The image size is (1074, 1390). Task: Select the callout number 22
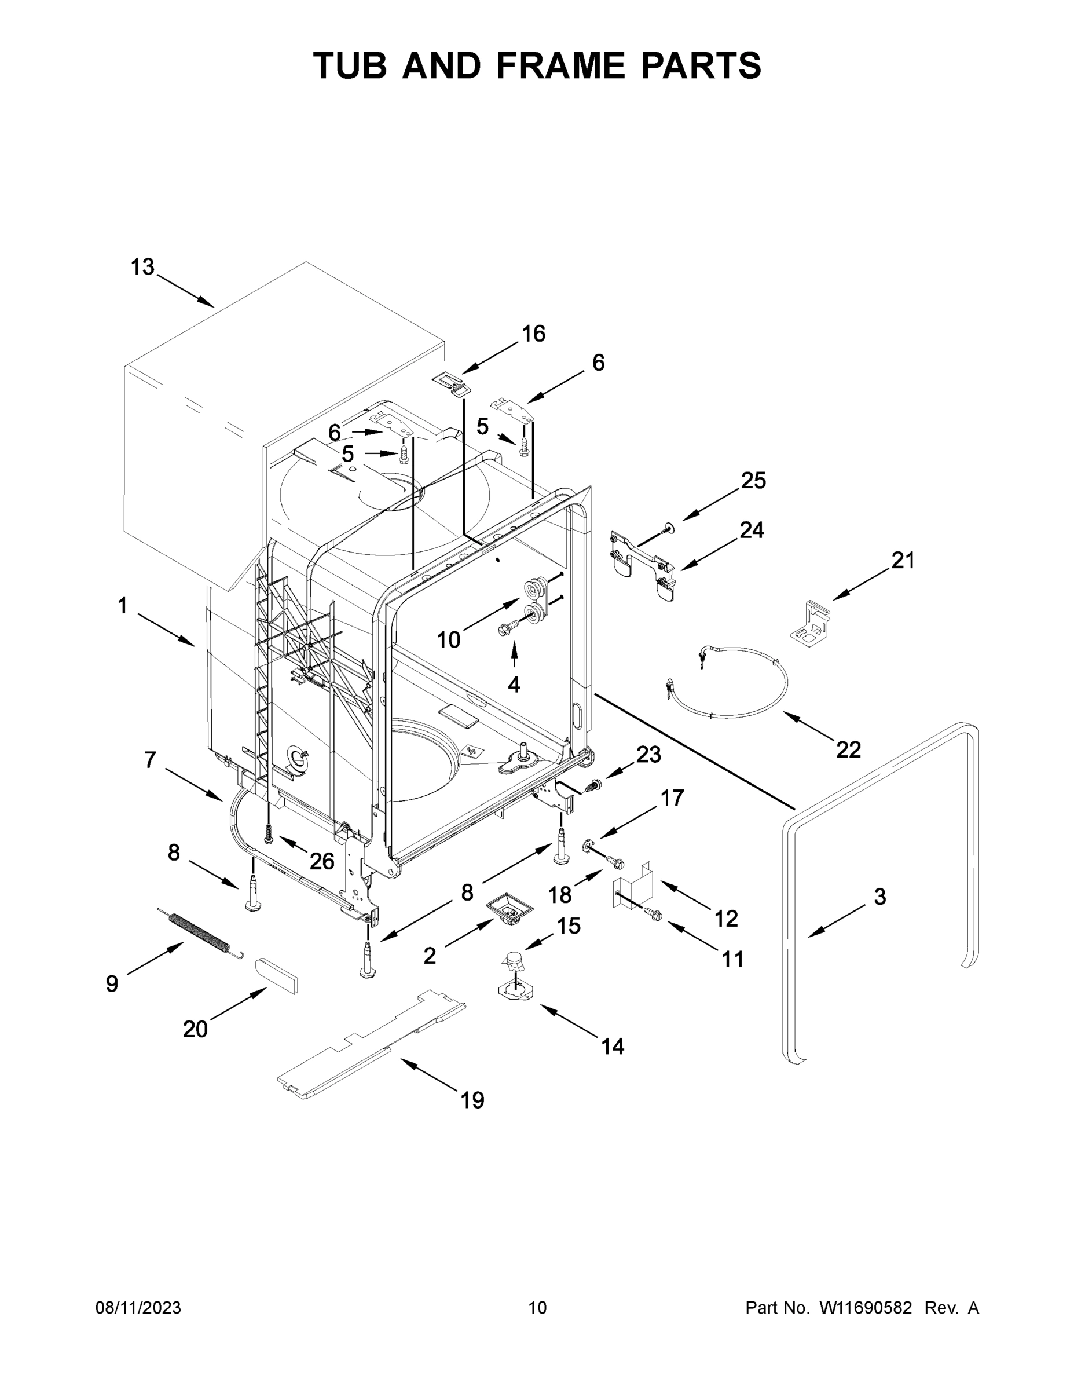848,750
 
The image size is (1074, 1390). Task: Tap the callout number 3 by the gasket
879,897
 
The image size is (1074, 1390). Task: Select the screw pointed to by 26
269,831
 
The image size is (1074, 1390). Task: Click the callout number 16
533,334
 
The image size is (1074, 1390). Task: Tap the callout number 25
753,481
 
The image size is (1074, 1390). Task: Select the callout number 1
122,605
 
